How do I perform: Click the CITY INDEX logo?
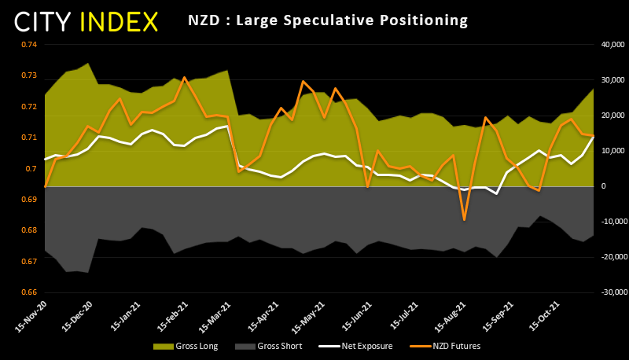click(x=86, y=22)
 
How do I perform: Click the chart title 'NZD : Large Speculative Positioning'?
click(x=328, y=19)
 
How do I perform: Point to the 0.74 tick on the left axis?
click(x=29, y=44)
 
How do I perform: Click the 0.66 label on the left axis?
click(x=29, y=292)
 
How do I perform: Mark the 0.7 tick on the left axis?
click(x=32, y=168)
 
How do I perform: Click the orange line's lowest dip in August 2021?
click(x=465, y=219)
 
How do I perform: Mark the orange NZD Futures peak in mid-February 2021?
click(x=184, y=77)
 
